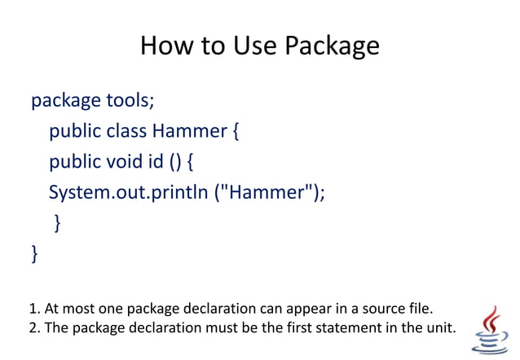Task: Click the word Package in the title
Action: pos(332,46)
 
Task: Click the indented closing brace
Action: pos(57,222)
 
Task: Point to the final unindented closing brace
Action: pos(34,253)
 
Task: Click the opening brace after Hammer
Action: pos(233,131)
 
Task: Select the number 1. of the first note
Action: pos(34,309)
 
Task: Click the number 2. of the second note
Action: pos(34,327)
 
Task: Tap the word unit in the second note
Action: pos(441,327)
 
